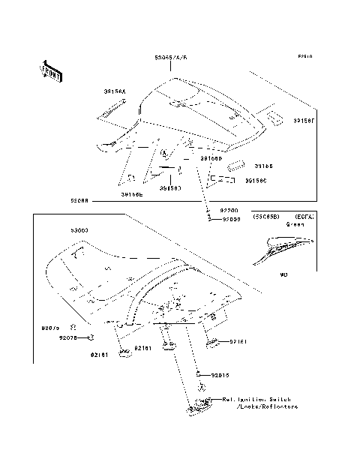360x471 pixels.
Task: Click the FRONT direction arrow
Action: [x=50, y=70]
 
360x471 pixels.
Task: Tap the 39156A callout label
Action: [x=115, y=91]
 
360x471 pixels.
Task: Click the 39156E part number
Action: [x=131, y=194]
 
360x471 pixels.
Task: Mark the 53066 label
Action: [x=80, y=201]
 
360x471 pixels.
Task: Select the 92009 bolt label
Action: [x=230, y=219]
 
